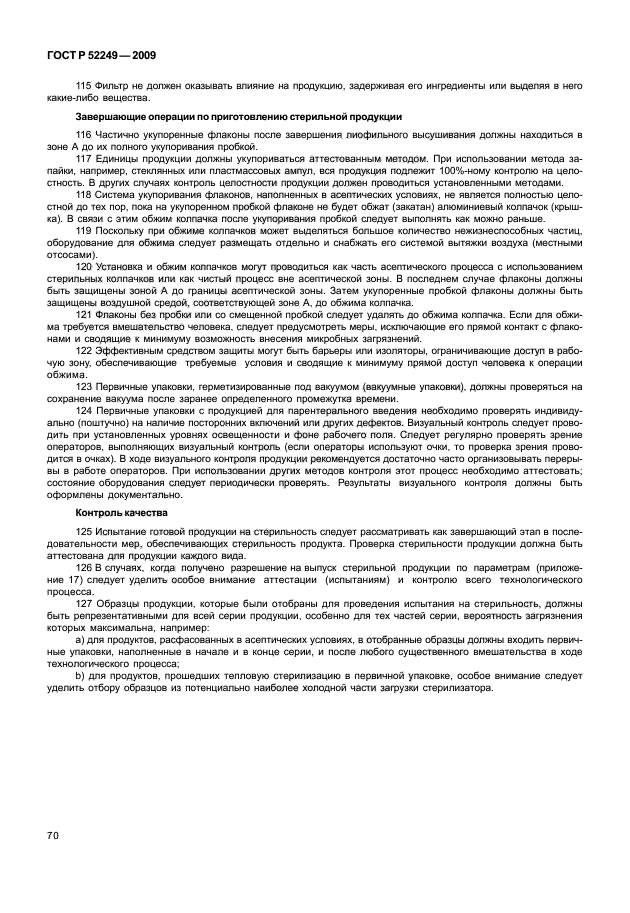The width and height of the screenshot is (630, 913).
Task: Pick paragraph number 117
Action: pos(83,158)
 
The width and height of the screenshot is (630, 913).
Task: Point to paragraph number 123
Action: pos(83,385)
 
